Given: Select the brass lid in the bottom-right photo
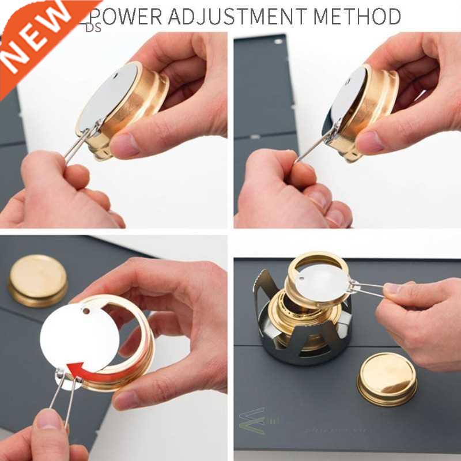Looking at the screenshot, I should [387, 378].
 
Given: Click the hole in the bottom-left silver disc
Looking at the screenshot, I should [86, 311].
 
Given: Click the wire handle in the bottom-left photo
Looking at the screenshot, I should [63, 398].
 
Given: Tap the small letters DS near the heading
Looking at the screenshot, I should [93, 27].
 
